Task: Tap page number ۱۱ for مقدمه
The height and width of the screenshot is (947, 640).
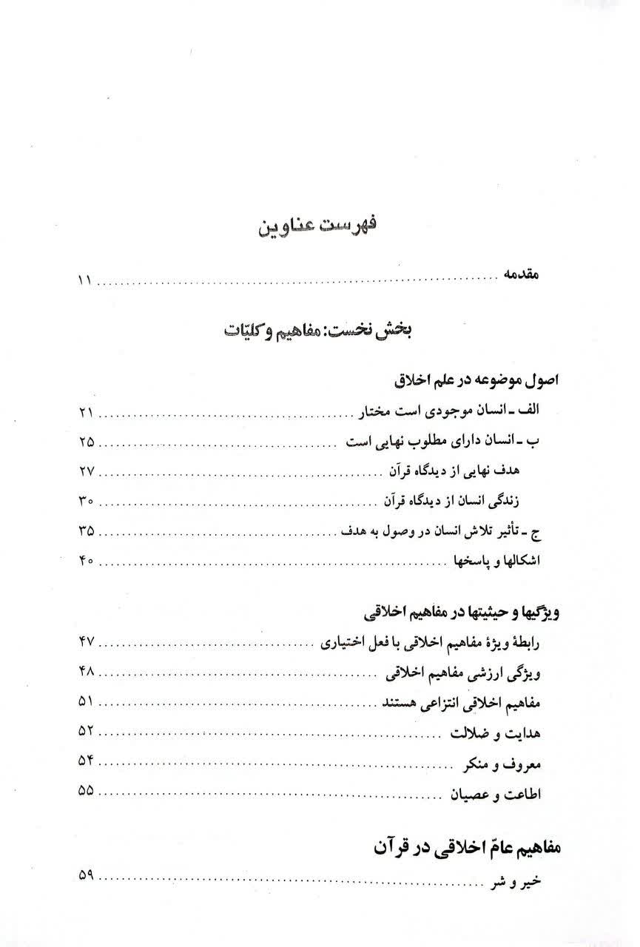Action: coord(82,281)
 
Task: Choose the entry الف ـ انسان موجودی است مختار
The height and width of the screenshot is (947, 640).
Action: coord(459,411)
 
